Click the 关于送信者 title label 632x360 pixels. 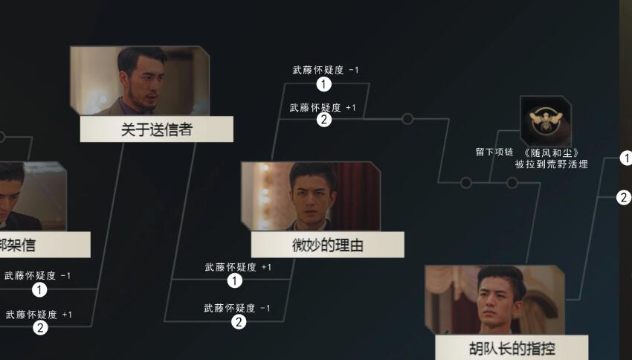(156, 129)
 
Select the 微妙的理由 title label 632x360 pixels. (327, 245)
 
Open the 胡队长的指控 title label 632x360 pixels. (512, 348)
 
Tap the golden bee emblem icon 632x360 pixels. (545, 119)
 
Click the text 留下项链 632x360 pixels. (494, 152)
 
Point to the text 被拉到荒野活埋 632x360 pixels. (551, 164)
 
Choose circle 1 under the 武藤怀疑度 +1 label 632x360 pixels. (235, 280)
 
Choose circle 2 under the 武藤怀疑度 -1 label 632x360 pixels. (239, 321)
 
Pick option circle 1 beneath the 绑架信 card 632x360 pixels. (39, 289)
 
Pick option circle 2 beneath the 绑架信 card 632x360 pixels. (40, 327)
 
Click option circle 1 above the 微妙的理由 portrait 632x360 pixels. (323, 84)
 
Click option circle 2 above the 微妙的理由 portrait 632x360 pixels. (324, 119)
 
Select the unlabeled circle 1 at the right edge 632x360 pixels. (625, 158)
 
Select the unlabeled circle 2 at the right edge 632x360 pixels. (624, 197)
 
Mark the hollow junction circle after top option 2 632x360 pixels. (407, 118)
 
